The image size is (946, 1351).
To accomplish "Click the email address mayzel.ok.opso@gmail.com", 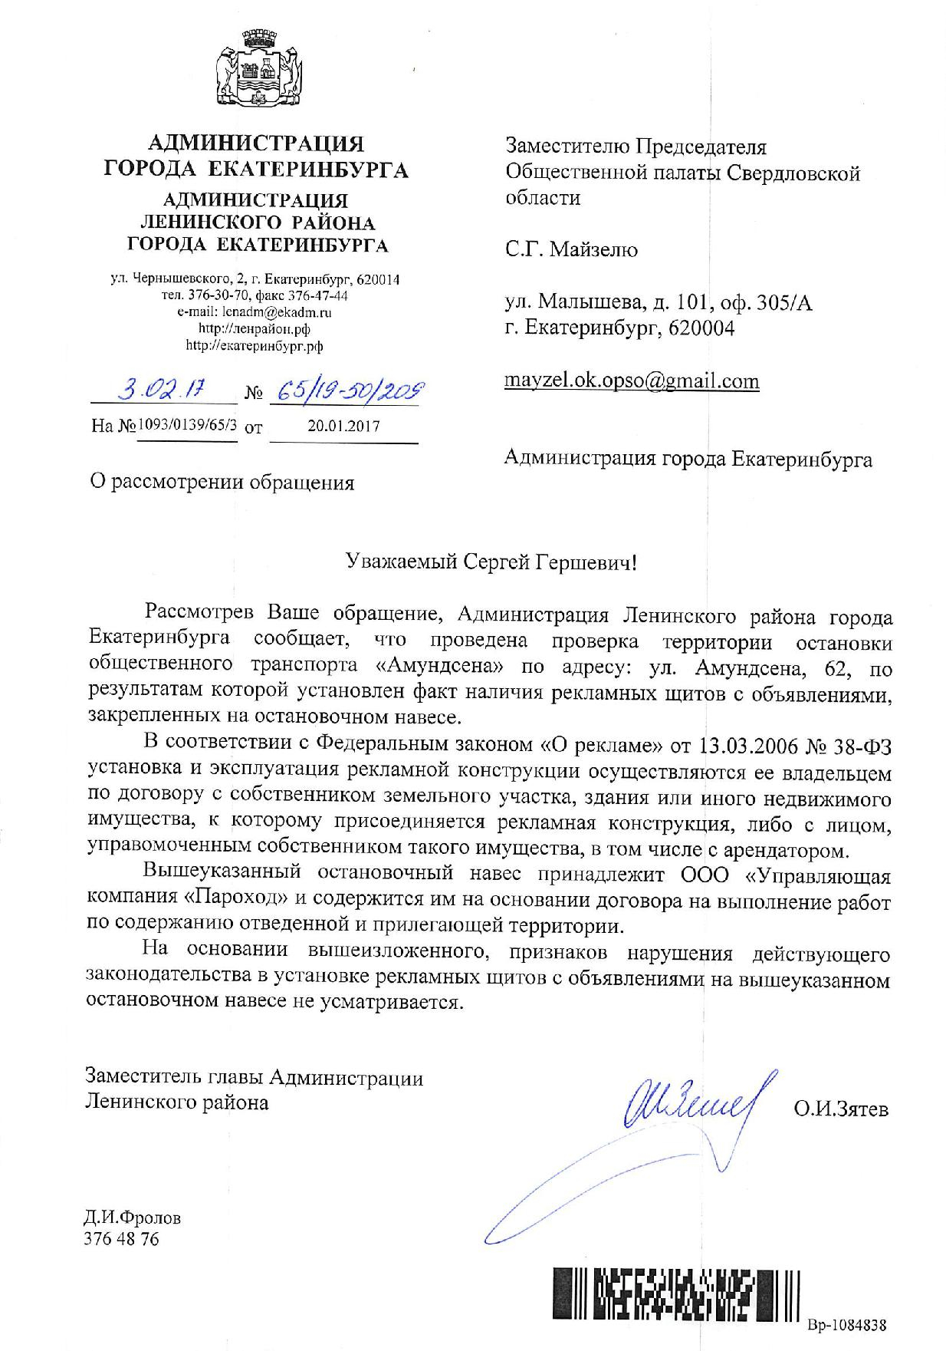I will tap(632, 381).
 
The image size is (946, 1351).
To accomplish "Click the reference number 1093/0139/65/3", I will tap(187, 425).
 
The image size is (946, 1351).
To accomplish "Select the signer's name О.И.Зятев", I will tap(841, 1109).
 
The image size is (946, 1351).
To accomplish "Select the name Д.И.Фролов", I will tap(133, 1218).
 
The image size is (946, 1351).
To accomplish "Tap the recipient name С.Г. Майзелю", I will tap(571, 250).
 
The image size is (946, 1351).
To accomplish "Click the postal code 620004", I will tap(701, 328).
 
